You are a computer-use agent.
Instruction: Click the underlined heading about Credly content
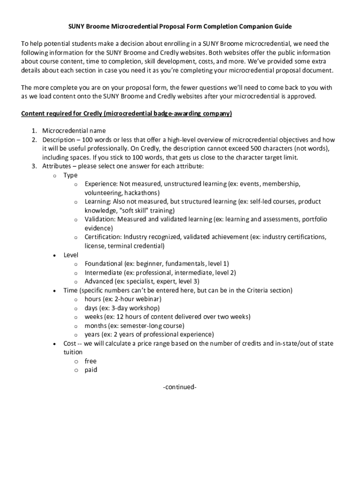127,113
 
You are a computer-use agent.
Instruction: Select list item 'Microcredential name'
74,131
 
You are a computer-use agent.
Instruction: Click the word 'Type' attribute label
71,175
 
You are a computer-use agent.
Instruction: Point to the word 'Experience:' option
101,184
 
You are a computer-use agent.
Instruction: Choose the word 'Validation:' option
100,219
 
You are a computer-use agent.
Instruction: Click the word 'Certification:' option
103,237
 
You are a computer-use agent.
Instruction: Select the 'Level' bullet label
71,254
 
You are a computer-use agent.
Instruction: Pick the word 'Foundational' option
104,263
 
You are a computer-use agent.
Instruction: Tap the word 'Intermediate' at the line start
104,272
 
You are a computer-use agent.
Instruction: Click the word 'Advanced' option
99,281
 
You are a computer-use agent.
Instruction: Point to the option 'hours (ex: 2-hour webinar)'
123,299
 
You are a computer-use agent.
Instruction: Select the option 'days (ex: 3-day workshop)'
122,308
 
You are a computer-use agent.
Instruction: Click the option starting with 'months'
134,326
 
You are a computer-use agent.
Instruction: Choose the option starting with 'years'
149,334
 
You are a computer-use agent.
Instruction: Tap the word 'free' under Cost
90,361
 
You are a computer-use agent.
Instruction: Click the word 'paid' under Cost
91,370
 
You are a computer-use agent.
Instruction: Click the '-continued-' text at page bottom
180,387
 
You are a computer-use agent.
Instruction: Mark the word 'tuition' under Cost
73,352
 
